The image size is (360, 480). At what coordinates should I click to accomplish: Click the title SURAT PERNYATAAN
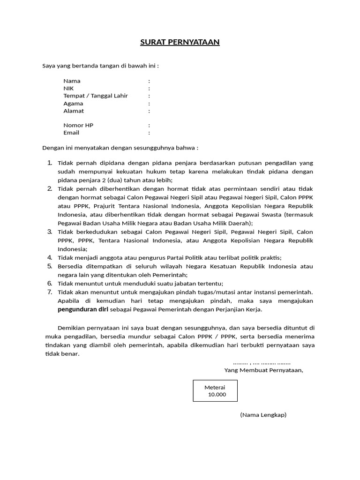(x=180, y=43)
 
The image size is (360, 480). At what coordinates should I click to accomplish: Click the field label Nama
(x=72, y=81)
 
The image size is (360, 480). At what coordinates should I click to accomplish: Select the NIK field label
(x=68, y=89)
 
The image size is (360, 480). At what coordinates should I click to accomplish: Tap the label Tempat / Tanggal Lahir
(x=96, y=96)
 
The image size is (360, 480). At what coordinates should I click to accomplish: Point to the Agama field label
(x=73, y=104)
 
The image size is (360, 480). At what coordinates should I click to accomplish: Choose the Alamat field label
(x=74, y=111)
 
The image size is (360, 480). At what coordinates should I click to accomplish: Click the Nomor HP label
(x=78, y=126)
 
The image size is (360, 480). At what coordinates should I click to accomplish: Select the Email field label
(x=71, y=133)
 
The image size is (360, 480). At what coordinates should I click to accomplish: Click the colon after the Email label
(x=149, y=133)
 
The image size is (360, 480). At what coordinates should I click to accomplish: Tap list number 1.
(x=50, y=163)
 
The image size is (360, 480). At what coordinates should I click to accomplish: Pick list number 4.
(x=50, y=257)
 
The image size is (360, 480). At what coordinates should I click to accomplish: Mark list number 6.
(x=50, y=283)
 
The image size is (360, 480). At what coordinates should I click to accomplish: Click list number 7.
(x=50, y=292)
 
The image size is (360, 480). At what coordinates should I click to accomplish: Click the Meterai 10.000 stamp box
(x=215, y=390)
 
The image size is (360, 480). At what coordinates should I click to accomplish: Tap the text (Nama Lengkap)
(x=263, y=415)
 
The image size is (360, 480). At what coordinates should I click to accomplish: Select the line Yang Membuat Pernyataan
(x=263, y=370)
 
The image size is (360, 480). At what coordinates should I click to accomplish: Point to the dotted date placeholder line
(x=262, y=362)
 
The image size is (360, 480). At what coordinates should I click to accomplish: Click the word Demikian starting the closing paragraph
(x=70, y=328)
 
